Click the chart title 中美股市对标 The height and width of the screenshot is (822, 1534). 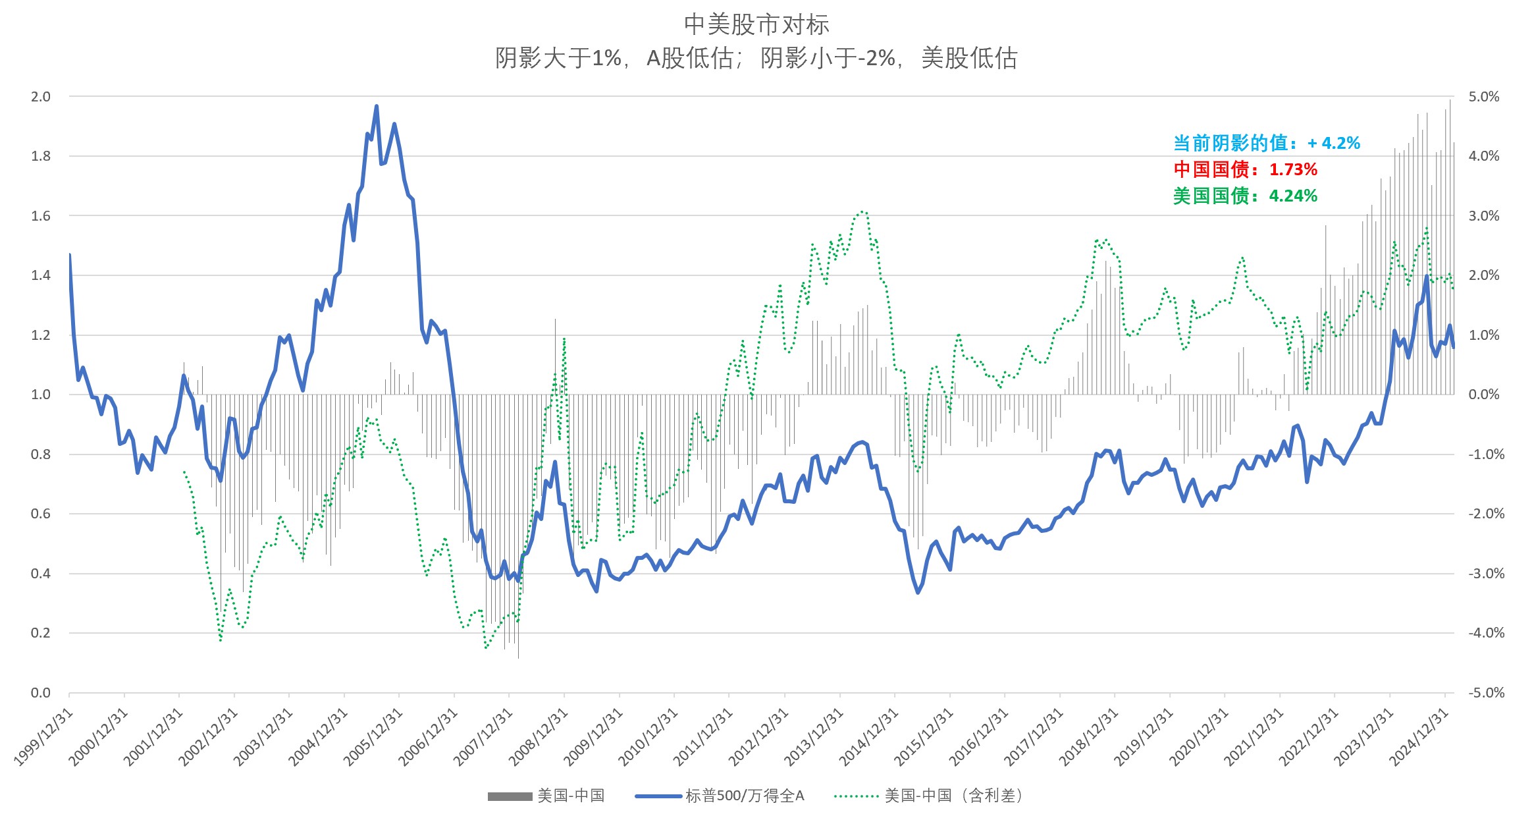(756, 25)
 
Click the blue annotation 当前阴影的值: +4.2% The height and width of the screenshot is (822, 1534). (1266, 143)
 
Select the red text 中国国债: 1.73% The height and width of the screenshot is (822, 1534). (1245, 169)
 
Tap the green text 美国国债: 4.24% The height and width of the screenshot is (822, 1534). (1245, 196)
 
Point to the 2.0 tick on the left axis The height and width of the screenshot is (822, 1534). (41, 97)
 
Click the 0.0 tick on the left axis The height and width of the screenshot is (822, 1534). (41, 693)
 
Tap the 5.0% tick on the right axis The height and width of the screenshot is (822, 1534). (1484, 97)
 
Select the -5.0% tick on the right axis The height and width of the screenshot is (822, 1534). (1486, 693)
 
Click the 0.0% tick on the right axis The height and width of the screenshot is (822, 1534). (1484, 395)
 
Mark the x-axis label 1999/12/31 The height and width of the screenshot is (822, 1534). (43, 738)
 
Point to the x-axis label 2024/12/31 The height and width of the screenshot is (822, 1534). (1419, 738)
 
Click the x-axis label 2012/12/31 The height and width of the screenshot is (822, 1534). (758, 738)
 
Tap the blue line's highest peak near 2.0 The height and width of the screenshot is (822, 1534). (376, 106)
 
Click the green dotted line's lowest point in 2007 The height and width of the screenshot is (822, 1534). (486, 647)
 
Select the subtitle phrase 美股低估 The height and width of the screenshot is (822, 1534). (969, 59)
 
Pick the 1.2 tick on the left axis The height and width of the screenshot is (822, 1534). (41, 335)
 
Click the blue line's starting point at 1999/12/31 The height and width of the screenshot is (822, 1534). (70, 255)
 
